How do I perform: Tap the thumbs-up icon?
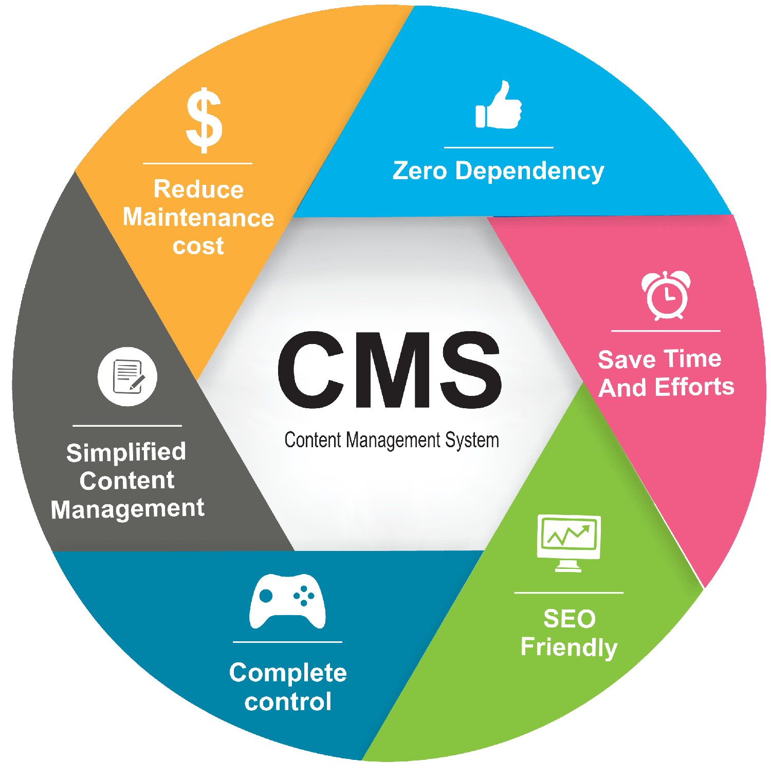(x=498, y=106)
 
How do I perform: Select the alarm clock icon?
(x=666, y=295)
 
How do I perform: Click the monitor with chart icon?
(x=568, y=542)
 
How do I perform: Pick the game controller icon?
(x=287, y=601)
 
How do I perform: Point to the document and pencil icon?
(x=127, y=376)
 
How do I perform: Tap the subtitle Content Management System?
(x=392, y=440)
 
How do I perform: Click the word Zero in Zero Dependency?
(x=420, y=171)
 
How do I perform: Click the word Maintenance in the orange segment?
(x=198, y=218)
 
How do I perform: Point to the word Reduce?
(x=198, y=189)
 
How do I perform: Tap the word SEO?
(x=570, y=619)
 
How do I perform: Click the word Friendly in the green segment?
(x=569, y=648)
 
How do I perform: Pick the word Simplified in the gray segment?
(x=126, y=452)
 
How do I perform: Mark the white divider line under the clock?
(x=666, y=331)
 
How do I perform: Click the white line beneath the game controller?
(x=287, y=642)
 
